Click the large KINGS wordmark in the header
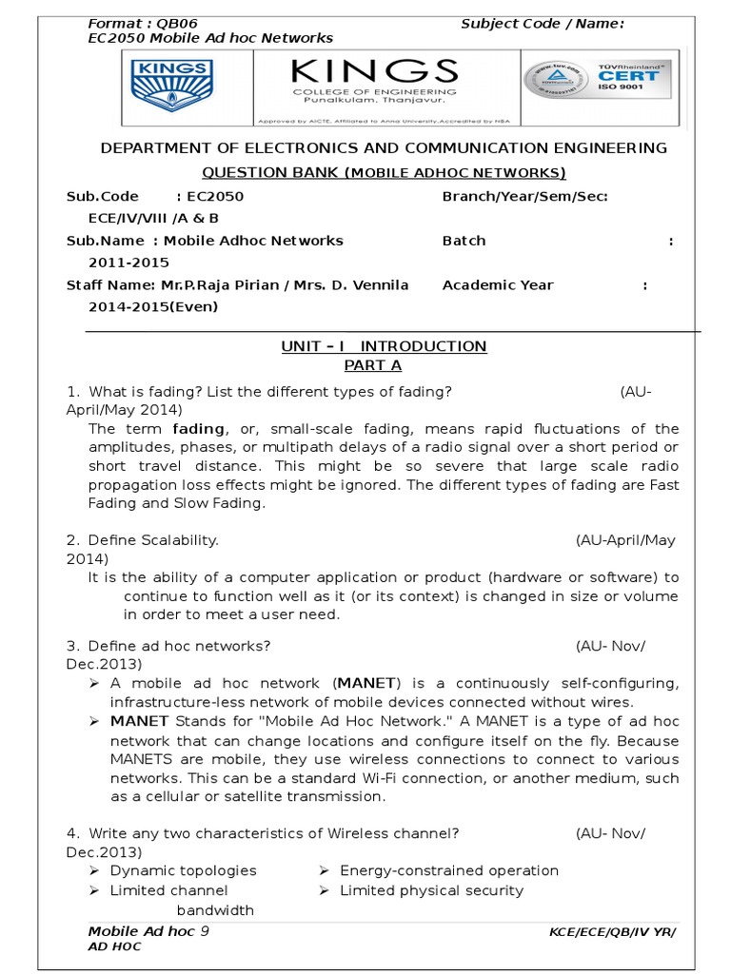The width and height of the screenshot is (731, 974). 374,71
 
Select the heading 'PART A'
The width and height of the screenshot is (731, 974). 365,365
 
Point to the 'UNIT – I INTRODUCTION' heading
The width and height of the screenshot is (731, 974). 384,346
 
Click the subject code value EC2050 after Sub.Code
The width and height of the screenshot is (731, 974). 215,197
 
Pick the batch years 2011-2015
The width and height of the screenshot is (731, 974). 128,263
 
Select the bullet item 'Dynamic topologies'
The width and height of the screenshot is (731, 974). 183,870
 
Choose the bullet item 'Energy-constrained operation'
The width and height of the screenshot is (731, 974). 448,870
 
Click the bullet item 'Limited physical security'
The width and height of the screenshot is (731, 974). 431,890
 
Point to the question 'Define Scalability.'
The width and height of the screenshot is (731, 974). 153,540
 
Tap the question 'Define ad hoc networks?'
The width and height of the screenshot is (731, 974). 180,646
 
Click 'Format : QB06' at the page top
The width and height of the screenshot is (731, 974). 143,23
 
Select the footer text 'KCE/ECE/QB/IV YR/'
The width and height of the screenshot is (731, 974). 612,933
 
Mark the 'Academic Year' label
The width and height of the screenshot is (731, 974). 498,285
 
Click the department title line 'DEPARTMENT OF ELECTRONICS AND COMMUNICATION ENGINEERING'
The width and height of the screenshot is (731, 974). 385,148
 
